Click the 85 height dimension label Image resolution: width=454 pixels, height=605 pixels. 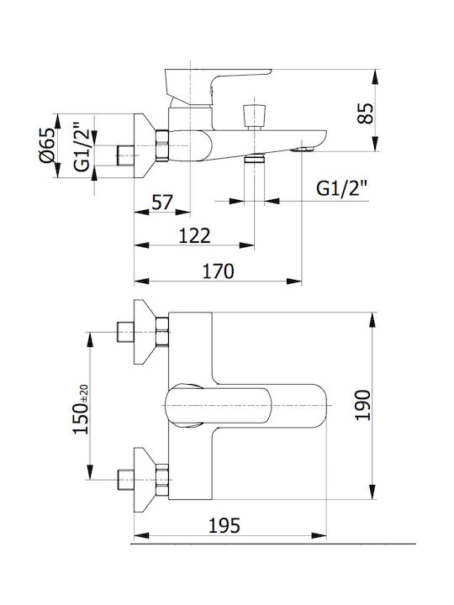tap(366, 113)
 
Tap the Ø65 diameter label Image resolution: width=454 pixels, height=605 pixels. tap(47, 145)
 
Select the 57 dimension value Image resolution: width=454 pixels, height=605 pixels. tap(162, 203)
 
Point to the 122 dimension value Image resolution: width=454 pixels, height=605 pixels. tap(194, 236)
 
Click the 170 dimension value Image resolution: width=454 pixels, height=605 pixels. tap(218, 271)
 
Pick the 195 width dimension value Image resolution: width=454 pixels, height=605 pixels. tap(224, 525)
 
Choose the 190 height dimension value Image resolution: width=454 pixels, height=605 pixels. tap(363, 405)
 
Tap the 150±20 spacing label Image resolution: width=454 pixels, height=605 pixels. tap(81, 409)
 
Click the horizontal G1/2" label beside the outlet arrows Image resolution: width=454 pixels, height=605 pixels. tap(341, 189)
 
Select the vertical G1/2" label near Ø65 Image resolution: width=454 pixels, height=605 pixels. tap(82, 146)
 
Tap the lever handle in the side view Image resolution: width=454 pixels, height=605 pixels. tap(216, 87)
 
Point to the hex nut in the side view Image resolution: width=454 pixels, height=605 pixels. tap(162, 145)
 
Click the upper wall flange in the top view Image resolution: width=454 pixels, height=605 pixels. tap(144, 332)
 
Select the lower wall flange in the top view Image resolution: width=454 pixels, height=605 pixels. tap(144, 480)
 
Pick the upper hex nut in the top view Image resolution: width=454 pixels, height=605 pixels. tap(162, 332)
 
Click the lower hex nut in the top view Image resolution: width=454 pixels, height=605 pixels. tap(162, 480)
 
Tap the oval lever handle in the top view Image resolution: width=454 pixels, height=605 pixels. tap(218, 406)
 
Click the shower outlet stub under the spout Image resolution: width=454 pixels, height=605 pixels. tap(255, 158)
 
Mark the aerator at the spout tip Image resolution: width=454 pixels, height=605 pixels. tap(304, 149)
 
